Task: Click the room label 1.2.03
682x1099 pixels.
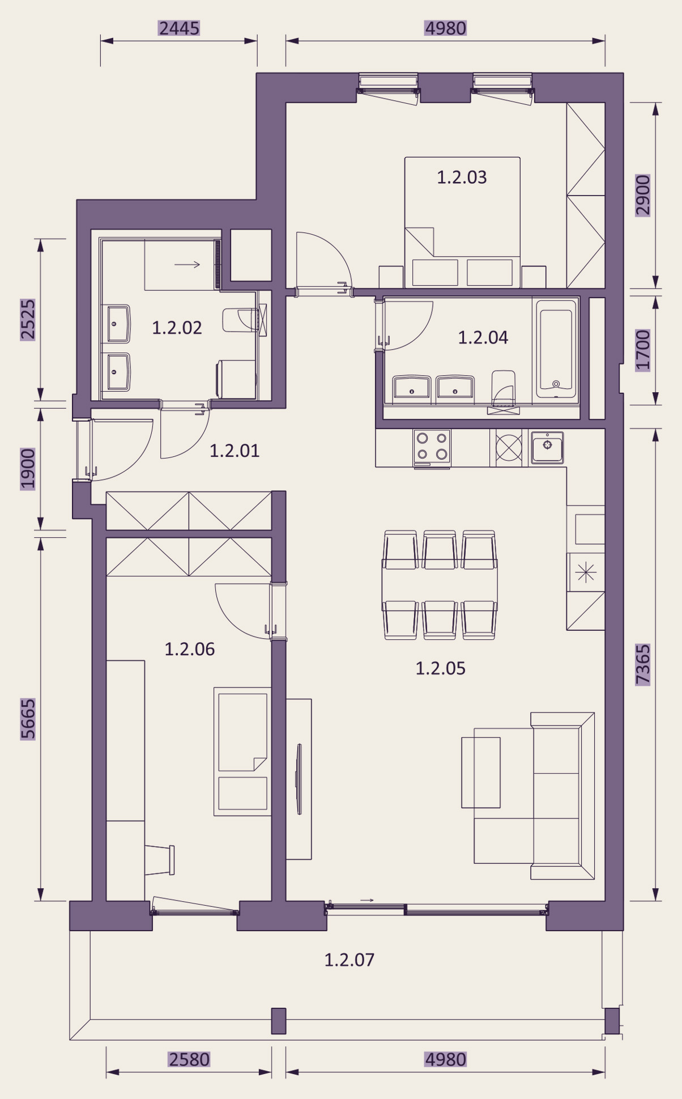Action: pos(462,177)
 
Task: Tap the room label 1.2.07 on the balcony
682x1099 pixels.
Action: pos(349,960)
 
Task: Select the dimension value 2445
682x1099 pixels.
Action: pos(179,28)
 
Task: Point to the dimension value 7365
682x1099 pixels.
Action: pos(642,664)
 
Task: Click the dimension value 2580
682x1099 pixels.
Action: pos(189,1059)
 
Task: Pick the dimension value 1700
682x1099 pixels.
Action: pos(642,350)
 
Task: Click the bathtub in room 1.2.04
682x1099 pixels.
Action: pos(556,347)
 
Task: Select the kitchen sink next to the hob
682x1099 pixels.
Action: pos(547,447)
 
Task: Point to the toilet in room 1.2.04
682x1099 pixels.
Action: pos(504,389)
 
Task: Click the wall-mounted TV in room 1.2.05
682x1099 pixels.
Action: pos(299,779)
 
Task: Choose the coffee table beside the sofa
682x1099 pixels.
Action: pos(481,772)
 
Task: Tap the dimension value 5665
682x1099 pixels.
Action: pos(28,719)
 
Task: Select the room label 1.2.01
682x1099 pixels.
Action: pos(235,451)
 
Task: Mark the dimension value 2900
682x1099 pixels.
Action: pos(642,195)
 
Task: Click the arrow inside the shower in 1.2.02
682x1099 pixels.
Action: pos(187,264)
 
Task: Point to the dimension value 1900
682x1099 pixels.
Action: pos(28,469)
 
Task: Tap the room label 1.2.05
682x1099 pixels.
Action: pos(440,668)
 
